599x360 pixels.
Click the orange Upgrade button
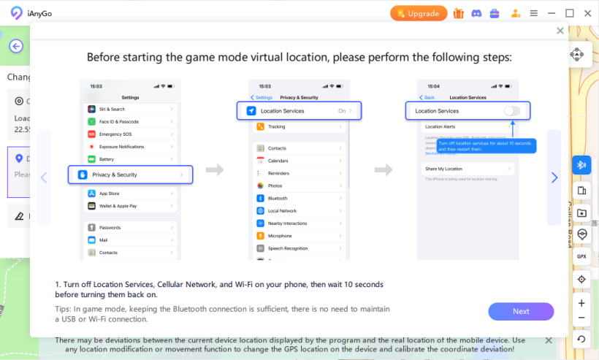coord(419,13)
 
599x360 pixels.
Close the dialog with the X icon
coord(560,31)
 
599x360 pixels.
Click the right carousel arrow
coord(554,177)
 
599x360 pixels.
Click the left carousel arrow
coord(44,177)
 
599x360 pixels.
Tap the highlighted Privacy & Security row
coord(130,175)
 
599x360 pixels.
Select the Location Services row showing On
coord(300,111)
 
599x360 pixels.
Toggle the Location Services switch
coord(512,111)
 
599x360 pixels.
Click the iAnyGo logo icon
coord(16,13)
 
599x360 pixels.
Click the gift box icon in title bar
coord(459,13)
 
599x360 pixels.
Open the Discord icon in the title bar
coord(477,13)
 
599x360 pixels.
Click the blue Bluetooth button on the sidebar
coord(581,165)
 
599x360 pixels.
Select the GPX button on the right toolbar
coord(581,256)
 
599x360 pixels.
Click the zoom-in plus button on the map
coord(581,303)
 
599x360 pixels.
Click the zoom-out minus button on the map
coord(581,318)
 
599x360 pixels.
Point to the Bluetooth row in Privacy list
coord(300,198)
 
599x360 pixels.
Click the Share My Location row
coord(468,169)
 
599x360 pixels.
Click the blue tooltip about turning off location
coord(486,145)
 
